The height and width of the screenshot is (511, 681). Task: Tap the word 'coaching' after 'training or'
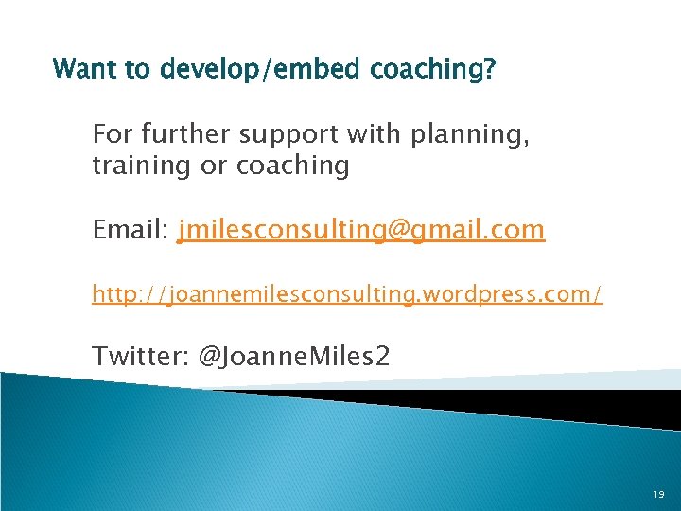[292, 167]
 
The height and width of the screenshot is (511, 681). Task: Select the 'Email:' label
[131, 230]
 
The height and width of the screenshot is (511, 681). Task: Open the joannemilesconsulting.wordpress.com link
[346, 295]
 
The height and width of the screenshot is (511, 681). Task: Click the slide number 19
[658, 495]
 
